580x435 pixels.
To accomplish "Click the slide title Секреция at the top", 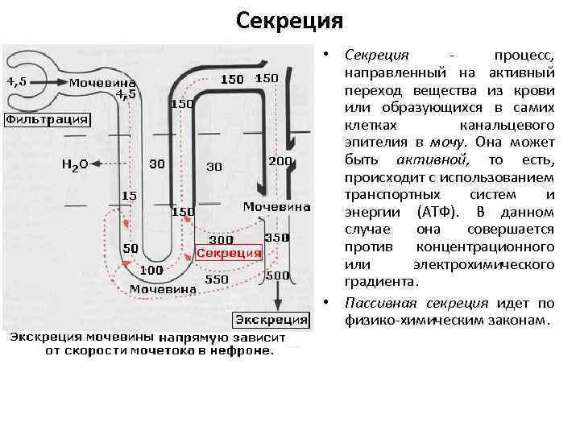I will click(290, 19).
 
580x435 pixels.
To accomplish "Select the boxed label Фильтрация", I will click(48, 120).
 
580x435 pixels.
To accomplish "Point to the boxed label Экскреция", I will click(271, 319).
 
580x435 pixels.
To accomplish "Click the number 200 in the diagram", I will click(280, 161).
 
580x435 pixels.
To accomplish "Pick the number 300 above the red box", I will click(221, 239).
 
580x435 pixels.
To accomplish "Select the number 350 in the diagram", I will click(277, 238).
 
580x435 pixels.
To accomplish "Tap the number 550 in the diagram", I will click(217, 279).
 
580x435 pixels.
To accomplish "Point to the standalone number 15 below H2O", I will click(128, 196).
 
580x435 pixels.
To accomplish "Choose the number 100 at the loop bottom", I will click(151, 271).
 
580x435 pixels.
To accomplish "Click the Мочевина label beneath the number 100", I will click(164, 288).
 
